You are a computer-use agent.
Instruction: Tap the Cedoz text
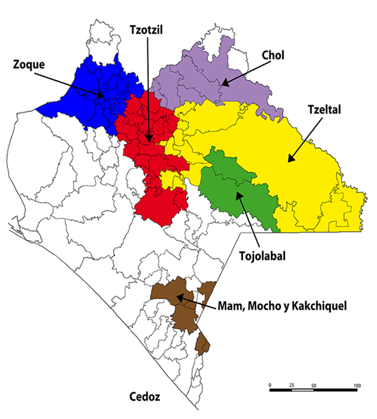[145, 397]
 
